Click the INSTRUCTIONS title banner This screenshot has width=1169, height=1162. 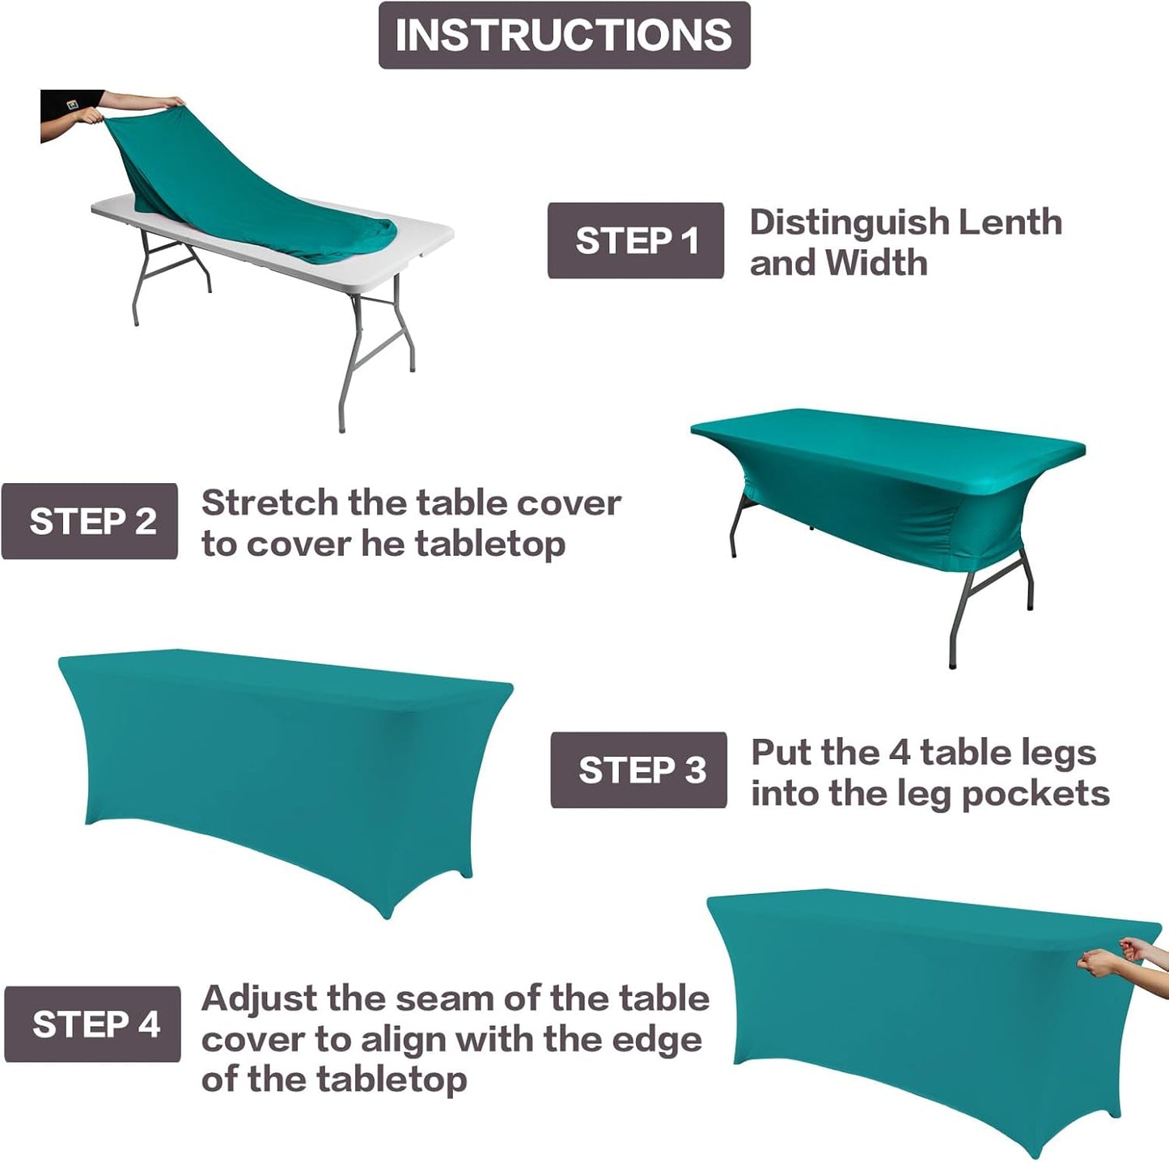point(564,36)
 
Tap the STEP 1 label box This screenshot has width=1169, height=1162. point(635,241)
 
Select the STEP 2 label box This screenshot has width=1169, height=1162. point(90,522)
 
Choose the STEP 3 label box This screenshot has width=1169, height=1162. point(638,770)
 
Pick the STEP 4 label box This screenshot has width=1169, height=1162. point(92,1024)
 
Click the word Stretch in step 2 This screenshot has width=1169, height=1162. point(269,503)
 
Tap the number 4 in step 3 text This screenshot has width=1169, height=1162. point(899,753)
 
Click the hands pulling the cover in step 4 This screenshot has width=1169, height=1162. point(1120,956)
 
